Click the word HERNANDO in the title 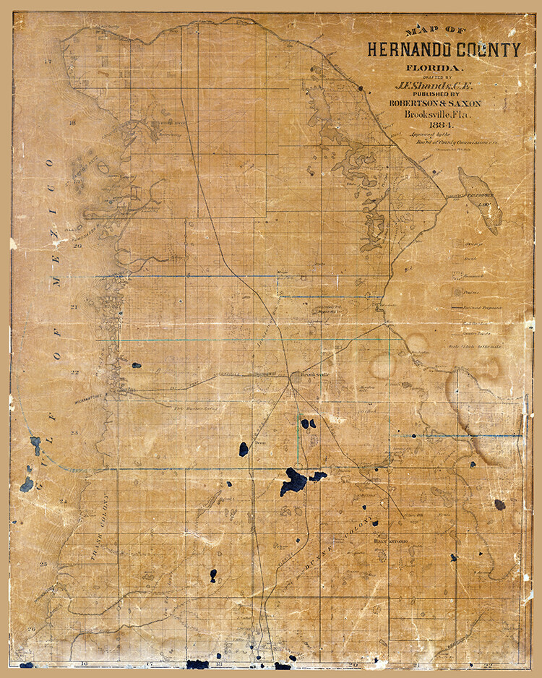409,50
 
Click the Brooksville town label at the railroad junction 304,375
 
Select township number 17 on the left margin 48,62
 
